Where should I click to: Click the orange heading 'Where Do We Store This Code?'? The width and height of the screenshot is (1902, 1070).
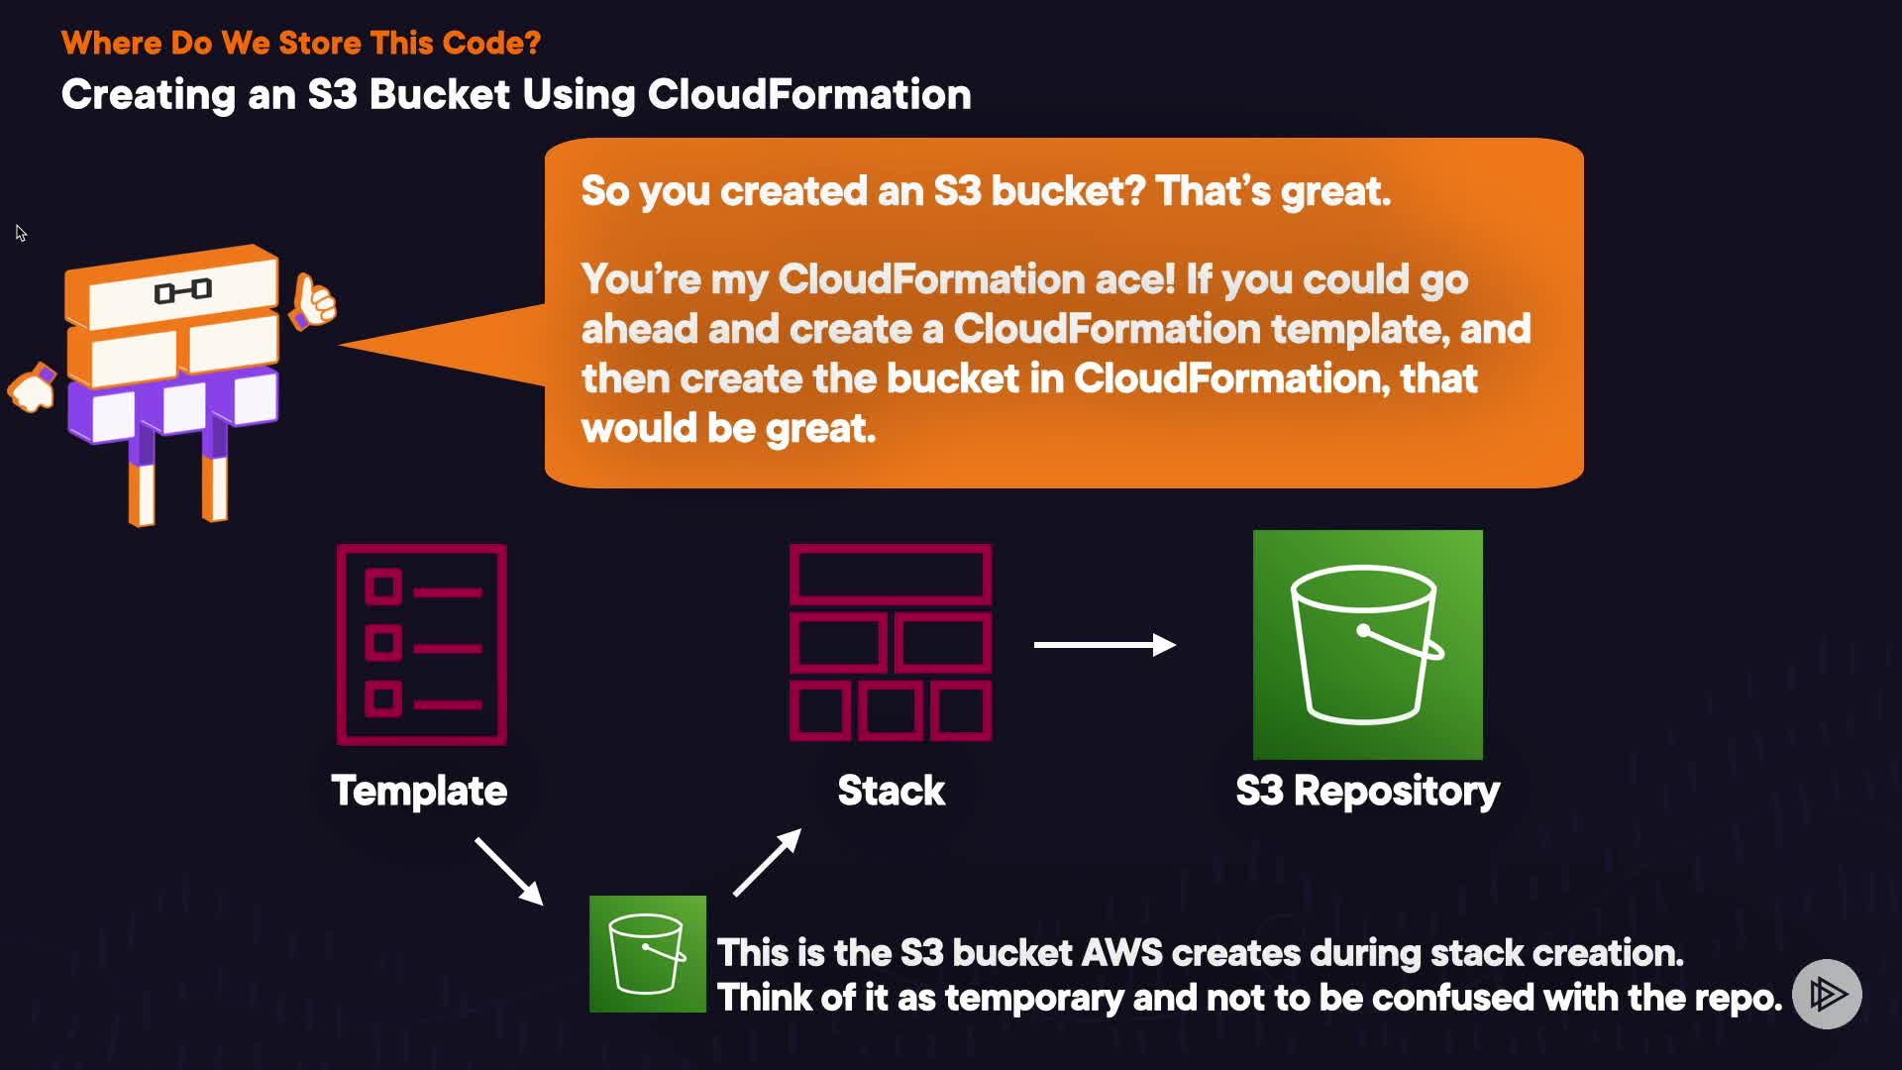click(301, 43)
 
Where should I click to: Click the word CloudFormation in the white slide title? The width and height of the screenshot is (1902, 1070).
click(809, 94)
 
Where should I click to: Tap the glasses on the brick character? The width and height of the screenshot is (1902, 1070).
click(182, 290)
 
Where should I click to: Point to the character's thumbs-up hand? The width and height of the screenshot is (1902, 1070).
click(313, 301)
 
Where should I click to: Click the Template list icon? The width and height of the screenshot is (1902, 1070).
click(422, 644)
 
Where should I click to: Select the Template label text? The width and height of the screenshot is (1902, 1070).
click(419, 791)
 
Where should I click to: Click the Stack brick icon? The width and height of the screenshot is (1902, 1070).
click(891, 642)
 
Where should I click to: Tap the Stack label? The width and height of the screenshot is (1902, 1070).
click(892, 791)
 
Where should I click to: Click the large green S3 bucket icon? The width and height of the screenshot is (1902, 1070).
click(1368, 645)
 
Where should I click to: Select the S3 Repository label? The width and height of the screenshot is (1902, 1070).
click(1368, 792)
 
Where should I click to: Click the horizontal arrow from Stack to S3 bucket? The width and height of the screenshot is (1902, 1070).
click(1105, 645)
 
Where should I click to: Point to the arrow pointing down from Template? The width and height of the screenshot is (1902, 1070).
click(509, 872)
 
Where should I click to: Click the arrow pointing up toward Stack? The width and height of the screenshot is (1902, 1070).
click(768, 863)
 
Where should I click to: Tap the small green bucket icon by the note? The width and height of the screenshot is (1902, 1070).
click(648, 954)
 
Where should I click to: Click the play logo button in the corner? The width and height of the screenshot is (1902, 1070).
click(1827, 994)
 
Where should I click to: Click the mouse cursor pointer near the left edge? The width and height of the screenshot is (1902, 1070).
click(21, 233)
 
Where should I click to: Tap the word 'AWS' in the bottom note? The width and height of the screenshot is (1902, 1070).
click(1121, 953)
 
